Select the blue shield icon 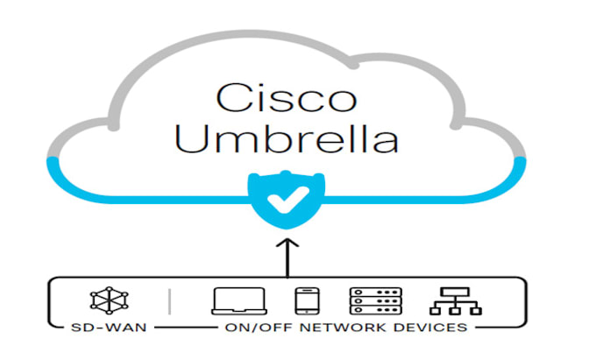pos(282,200)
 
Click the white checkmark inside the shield pos(282,200)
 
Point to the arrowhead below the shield pos(282,242)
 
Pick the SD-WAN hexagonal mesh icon pos(107,300)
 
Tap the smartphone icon pos(304,300)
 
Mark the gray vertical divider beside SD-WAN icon pos(169,300)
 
